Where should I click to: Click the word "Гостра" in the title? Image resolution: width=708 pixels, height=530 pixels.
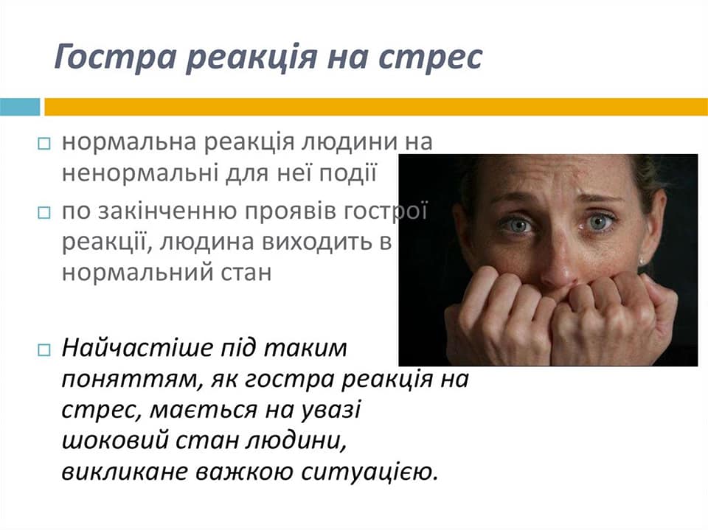pyautogui.click(x=116, y=57)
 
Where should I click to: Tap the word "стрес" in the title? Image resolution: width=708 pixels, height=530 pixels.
pyautogui.click(x=430, y=57)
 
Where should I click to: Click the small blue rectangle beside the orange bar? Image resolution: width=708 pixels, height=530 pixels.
pyautogui.click(x=20, y=107)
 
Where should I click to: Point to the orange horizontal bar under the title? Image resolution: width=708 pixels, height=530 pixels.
pyautogui.click(x=375, y=107)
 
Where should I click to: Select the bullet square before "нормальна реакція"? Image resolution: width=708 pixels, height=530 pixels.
pyautogui.click(x=44, y=144)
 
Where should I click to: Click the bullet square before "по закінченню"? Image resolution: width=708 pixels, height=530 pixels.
pyautogui.click(x=44, y=212)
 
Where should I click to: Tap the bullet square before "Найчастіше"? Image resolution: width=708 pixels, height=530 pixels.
pyautogui.click(x=44, y=350)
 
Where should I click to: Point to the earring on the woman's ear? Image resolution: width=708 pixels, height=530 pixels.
pyautogui.click(x=642, y=262)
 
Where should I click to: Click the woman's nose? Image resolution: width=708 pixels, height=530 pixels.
pyautogui.click(x=560, y=262)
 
